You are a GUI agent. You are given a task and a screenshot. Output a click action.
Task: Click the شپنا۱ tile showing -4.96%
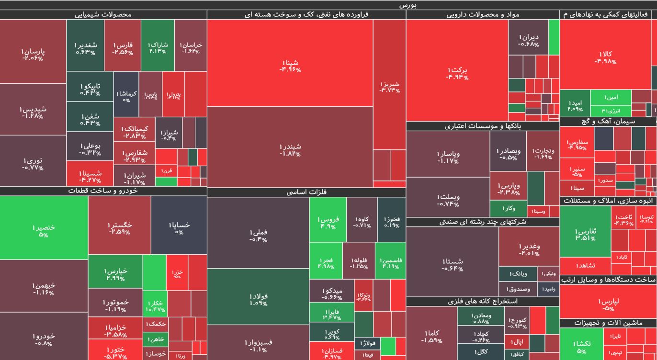(290, 66)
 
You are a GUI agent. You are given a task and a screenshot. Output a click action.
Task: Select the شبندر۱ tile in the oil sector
(290, 149)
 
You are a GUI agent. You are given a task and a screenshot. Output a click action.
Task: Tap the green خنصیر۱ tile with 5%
(44, 230)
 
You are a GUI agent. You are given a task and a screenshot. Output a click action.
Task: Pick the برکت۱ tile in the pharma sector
(457, 73)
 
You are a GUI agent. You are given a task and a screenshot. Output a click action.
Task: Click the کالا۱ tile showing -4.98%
(605, 57)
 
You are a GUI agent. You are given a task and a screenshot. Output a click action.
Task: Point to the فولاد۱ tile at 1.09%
(259, 299)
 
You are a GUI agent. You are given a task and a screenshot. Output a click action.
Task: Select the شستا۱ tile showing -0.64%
(453, 264)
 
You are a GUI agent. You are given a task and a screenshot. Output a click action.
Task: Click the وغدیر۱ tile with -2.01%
(529, 249)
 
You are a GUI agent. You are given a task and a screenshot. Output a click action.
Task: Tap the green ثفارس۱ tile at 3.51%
(585, 234)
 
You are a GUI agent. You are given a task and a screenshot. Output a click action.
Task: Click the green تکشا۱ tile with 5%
(581, 347)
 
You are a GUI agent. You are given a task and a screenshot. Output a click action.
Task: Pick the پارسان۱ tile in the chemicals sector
(33, 54)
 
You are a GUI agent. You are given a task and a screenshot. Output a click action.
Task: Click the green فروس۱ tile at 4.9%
(328, 222)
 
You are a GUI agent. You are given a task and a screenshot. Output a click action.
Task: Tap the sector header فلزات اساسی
(306, 192)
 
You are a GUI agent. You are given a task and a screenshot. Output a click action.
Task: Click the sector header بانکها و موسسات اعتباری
(483, 126)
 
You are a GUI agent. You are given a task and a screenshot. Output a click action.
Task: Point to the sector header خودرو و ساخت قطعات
(103, 191)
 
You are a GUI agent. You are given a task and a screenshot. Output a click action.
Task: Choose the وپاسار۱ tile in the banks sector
(448, 157)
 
